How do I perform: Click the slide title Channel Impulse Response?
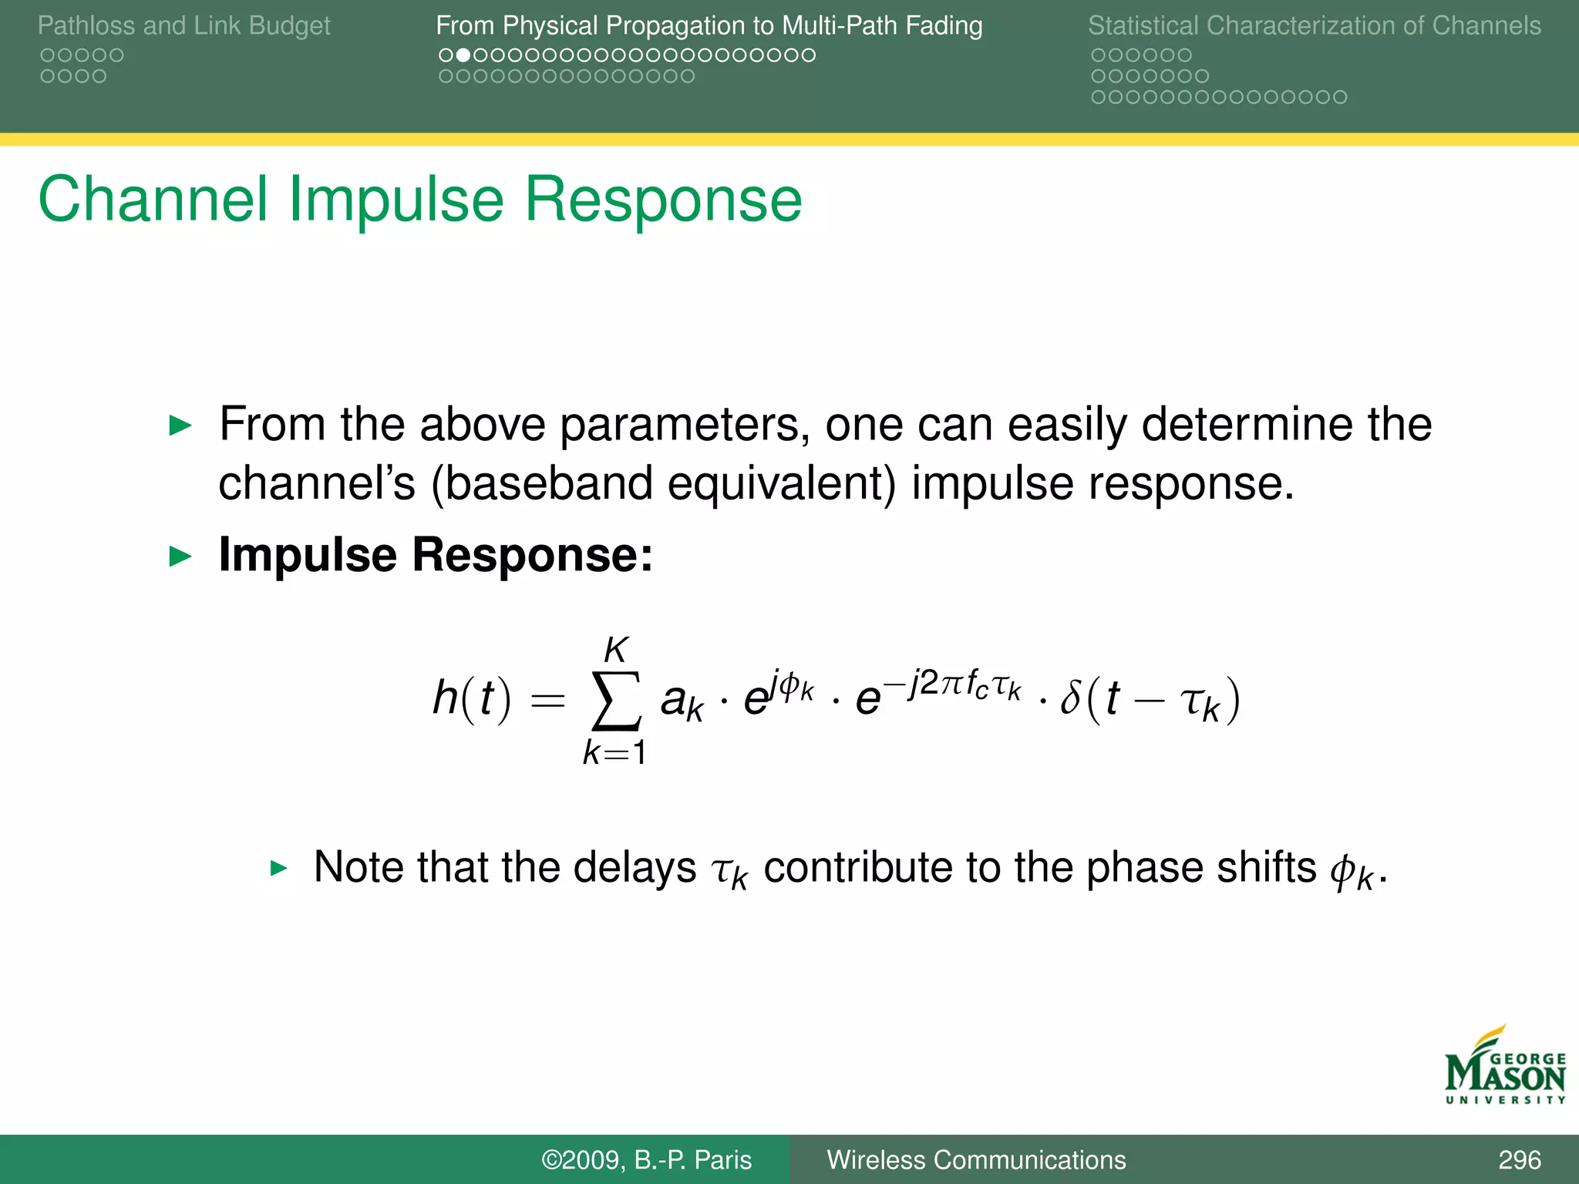[420, 200]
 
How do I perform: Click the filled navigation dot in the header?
[463, 55]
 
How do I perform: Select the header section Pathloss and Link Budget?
[183, 25]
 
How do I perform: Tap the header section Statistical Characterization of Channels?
[1314, 25]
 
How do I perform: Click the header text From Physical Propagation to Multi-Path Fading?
[709, 25]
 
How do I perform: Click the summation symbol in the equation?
[615, 700]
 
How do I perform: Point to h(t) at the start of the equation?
[471, 698]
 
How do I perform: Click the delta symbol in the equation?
[1071, 698]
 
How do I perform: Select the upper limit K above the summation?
[616, 650]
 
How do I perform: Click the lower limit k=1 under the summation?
[614, 752]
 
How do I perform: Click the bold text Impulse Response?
[436, 554]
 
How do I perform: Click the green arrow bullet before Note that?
[278, 869]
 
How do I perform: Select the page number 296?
[1519, 1159]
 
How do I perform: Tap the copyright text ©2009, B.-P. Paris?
[646, 1159]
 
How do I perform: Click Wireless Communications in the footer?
[976, 1159]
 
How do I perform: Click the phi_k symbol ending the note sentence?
[1352, 872]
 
